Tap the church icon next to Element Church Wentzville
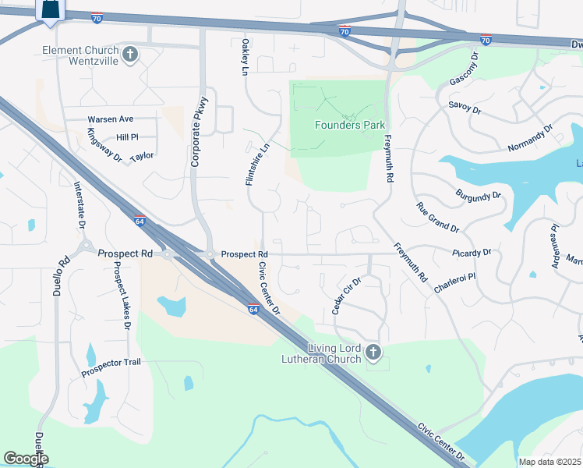tap(130, 55)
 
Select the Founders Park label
tap(350, 125)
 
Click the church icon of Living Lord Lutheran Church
tap(373, 353)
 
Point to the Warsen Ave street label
tap(111, 119)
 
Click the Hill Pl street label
tap(126, 137)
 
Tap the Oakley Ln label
tap(245, 57)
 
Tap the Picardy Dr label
tap(472, 253)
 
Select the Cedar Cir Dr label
tap(347, 296)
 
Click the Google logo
tap(26, 459)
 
